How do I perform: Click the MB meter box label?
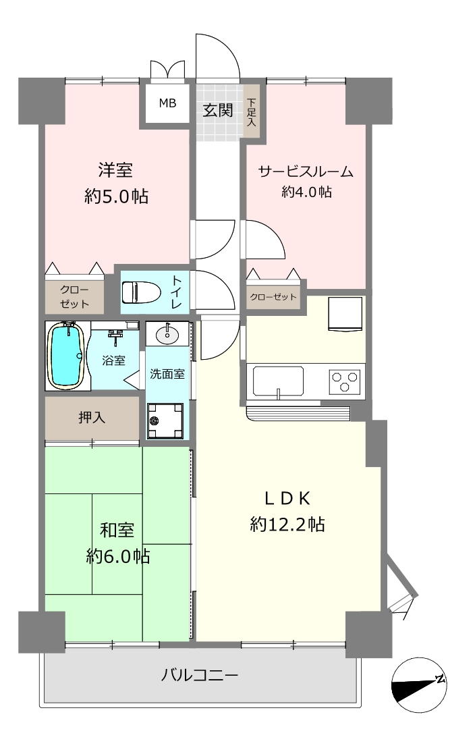(x=168, y=103)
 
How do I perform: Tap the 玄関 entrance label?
(x=218, y=110)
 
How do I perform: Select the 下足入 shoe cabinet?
(x=252, y=111)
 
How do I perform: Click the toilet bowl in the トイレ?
(x=140, y=292)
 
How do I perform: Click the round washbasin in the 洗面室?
(x=167, y=333)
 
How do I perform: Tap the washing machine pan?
(x=165, y=421)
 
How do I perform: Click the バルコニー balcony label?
(x=200, y=675)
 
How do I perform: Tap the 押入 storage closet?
(x=92, y=418)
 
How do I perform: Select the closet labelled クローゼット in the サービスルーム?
(x=273, y=297)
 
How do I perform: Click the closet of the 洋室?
(x=74, y=297)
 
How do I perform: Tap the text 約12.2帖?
(x=287, y=524)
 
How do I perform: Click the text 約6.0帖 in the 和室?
(x=118, y=556)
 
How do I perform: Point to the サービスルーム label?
(x=306, y=171)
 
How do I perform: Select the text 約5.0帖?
(x=116, y=196)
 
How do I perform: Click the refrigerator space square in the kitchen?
(x=345, y=313)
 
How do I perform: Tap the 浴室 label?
(x=114, y=360)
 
